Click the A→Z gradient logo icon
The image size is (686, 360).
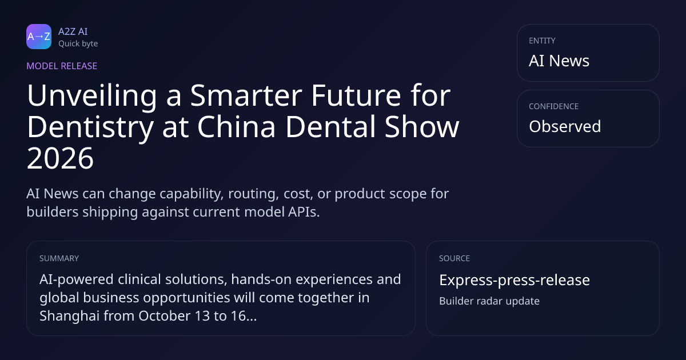39,37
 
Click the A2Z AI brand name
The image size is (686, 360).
73,31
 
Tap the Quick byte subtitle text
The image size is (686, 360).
78,43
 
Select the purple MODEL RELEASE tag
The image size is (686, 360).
62,66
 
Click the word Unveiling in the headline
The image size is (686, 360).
92,96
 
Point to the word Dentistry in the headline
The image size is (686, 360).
90,127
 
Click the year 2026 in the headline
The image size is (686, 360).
60,158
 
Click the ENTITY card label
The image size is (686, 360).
542,41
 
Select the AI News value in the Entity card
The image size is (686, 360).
559,61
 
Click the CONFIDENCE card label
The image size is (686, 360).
554,106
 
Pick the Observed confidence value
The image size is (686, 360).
565,126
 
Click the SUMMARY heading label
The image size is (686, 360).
59,258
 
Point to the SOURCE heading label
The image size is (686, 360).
454,258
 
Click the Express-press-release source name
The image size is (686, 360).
514,280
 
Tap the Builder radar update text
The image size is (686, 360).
489,301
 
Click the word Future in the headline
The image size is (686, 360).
356,96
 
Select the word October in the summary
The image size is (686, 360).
164,316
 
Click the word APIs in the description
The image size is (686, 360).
304,212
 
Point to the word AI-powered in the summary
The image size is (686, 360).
77,280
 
